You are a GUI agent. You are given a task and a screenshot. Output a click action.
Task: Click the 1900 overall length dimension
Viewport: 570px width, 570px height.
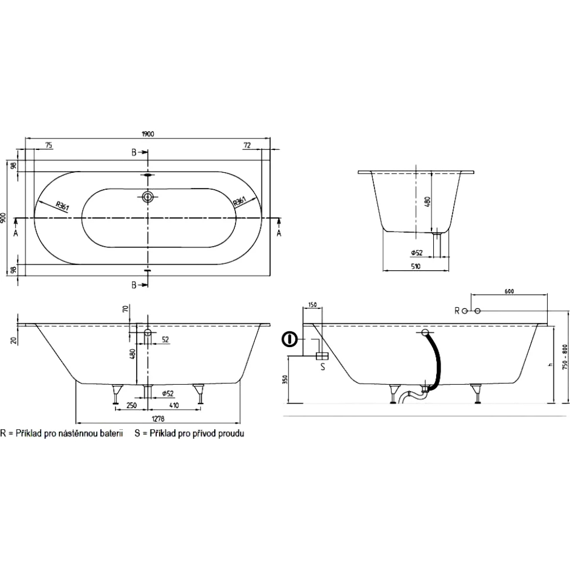pyautogui.click(x=148, y=134)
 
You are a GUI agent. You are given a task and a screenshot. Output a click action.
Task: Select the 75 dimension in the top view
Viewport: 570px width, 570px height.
pyautogui.click(x=48, y=145)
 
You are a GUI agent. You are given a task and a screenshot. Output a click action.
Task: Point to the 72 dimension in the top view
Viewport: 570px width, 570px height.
pyautogui.click(x=247, y=145)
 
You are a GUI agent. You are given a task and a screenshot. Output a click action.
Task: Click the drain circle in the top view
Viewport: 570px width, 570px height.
pyautogui.click(x=148, y=197)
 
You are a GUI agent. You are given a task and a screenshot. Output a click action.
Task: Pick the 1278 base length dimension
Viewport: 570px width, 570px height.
pyautogui.click(x=158, y=419)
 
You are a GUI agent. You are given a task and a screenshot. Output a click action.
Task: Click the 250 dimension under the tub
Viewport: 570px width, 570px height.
pyautogui.click(x=131, y=405)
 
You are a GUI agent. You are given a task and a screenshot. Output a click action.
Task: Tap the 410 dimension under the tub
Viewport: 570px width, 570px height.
pyautogui.click(x=174, y=405)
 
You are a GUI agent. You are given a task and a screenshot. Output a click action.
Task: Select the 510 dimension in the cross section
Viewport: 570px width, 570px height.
pyautogui.click(x=416, y=266)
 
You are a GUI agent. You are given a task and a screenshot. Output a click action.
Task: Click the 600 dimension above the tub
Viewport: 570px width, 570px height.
pyautogui.click(x=509, y=291)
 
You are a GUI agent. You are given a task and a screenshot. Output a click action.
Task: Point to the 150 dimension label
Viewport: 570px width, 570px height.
pyautogui.click(x=312, y=304)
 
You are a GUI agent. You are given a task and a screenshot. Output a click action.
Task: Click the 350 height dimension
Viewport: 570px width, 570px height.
pyautogui.click(x=285, y=380)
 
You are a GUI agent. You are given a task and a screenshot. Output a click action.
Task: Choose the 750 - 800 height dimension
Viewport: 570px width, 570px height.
pyautogui.click(x=564, y=357)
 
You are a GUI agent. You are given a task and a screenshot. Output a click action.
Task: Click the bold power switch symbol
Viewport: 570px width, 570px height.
pyautogui.click(x=290, y=340)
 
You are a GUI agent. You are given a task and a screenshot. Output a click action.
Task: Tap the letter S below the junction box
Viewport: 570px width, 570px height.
pyautogui.click(x=323, y=367)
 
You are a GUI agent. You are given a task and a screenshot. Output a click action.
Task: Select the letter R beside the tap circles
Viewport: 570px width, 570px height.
pyautogui.click(x=457, y=311)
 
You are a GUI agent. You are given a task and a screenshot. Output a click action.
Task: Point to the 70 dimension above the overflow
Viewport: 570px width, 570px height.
pyautogui.click(x=125, y=309)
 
